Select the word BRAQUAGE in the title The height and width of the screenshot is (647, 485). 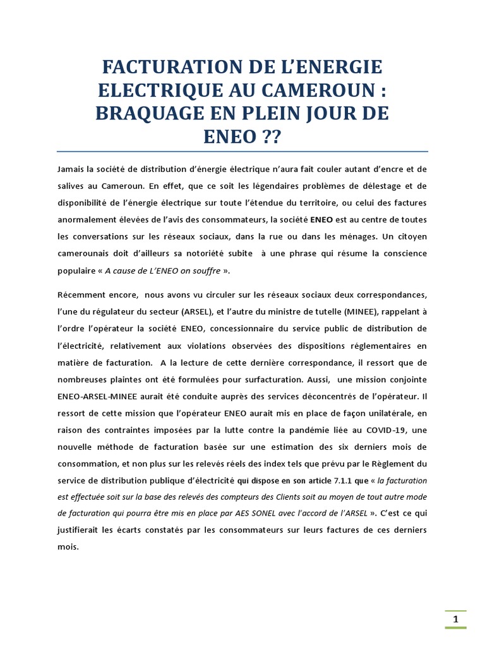[x=158, y=114]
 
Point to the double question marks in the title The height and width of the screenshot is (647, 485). [x=263, y=136]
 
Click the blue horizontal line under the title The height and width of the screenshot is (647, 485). [x=242, y=152]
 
